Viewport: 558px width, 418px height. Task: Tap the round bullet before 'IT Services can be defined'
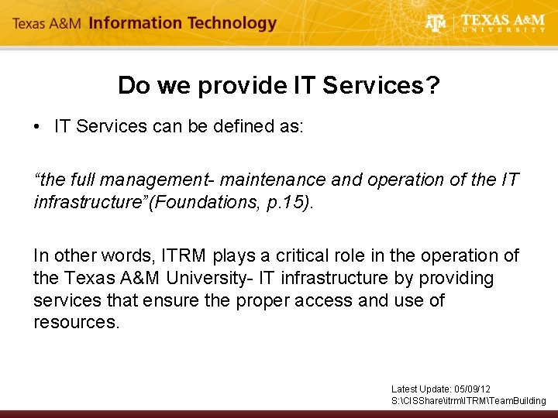point(38,127)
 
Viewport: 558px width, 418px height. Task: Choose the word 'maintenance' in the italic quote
point(273,180)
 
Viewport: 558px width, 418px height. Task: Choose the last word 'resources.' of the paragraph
point(77,322)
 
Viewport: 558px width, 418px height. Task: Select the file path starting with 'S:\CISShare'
point(468,400)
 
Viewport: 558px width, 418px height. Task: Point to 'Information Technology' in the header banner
point(182,23)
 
